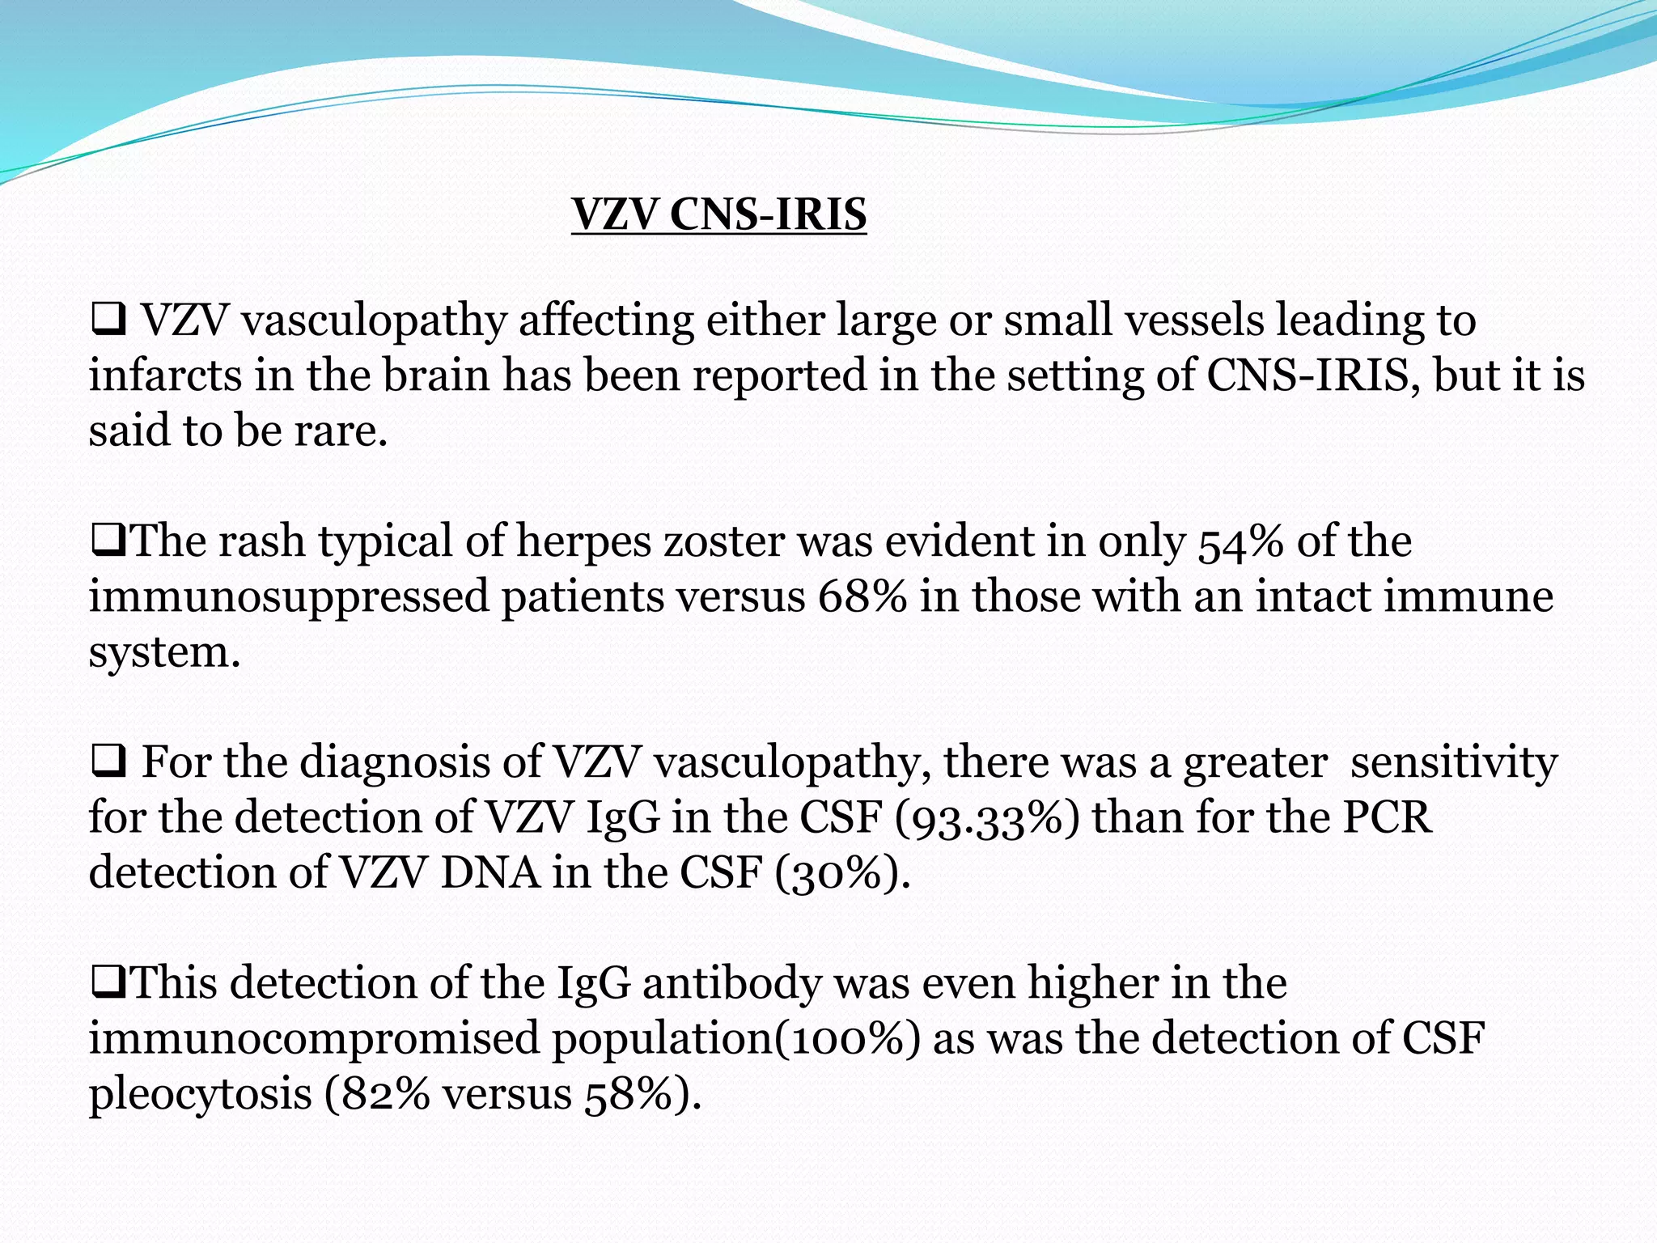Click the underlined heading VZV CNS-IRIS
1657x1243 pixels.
click(x=718, y=215)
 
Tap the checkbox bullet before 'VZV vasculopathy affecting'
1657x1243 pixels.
click(x=108, y=321)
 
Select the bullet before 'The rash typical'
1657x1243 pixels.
click(x=108, y=543)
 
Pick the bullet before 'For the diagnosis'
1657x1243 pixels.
click(x=108, y=763)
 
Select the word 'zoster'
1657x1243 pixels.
click(x=724, y=542)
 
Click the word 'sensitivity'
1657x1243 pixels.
click(x=1453, y=763)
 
